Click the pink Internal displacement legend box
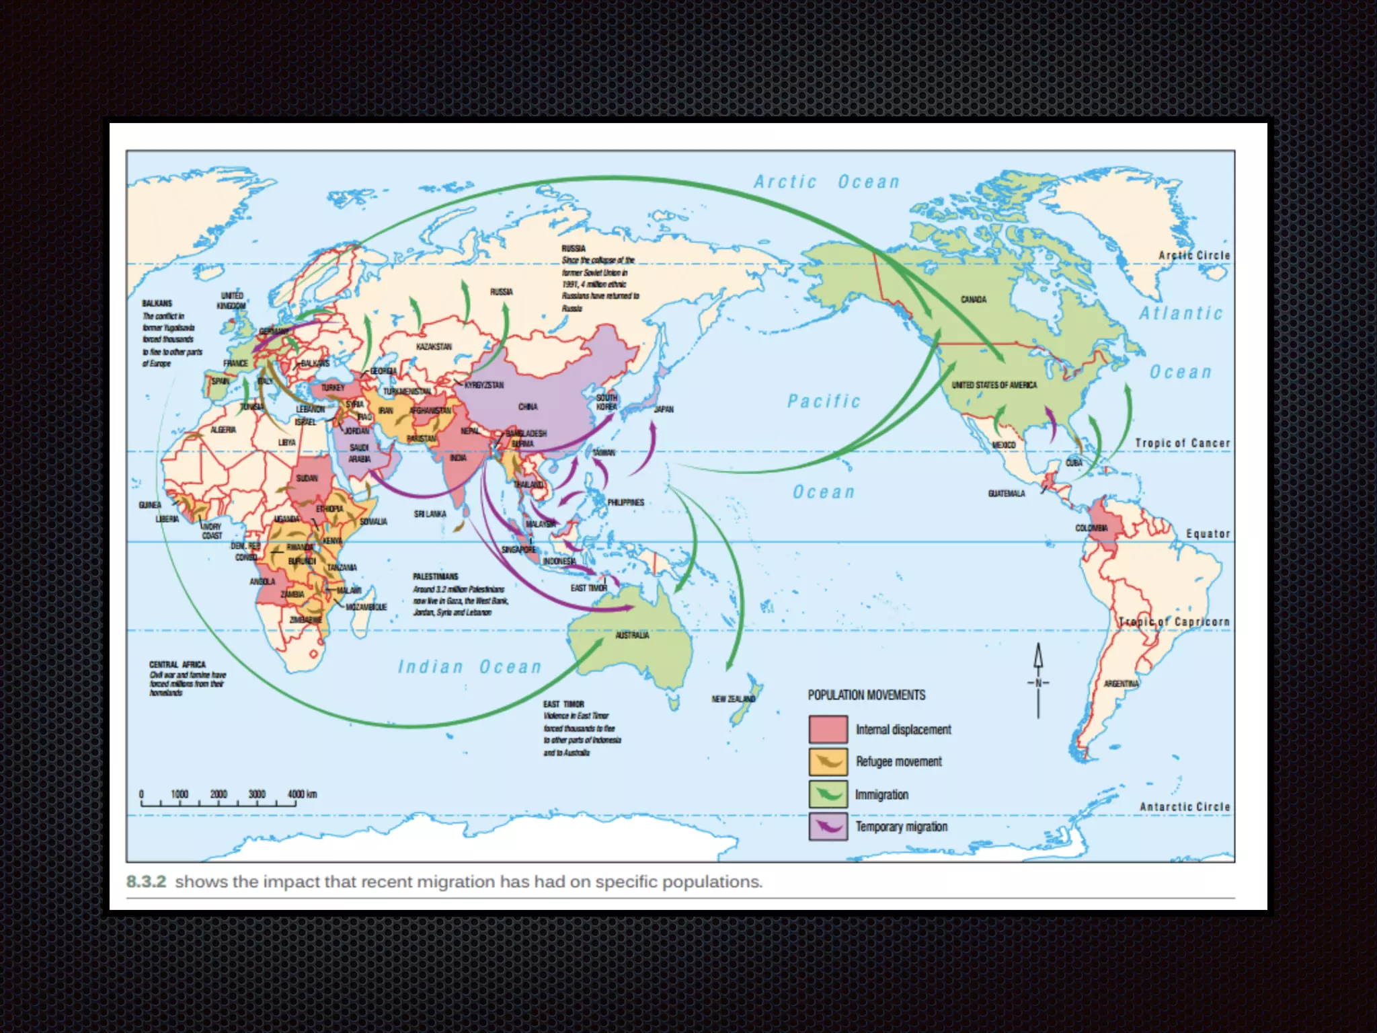pyautogui.click(x=828, y=730)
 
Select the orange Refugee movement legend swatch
pyautogui.click(x=828, y=762)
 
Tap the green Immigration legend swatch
pyautogui.click(x=828, y=794)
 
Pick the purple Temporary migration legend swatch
pyautogui.click(x=828, y=827)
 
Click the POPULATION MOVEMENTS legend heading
pyautogui.click(x=866, y=695)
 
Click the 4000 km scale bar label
pyautogui.click(x=302, y=794)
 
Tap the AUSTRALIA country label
pyautogui.click(x=632, y=636)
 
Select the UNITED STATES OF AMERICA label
pyautogui.click(x=994, y=385)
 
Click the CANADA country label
pyautogui.click(x=973, y=299)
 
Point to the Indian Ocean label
pyautogui.click(x=469, y=667)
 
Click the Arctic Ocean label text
pyautogui.click(x=826, y=182)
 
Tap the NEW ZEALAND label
pyautogui.click(x=733, y=699)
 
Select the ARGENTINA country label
pyautogui.click(x=1121, y=684)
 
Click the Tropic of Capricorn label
pyautogui.click(x=1174, y=622)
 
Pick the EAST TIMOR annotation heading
pyautogui.click(x=563, y=704)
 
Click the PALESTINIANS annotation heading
pyautogui.click(x=435, y=577)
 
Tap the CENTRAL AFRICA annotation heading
pyautogui.click(x=177, y=664)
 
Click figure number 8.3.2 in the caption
pyautogui.click(x=146, y=882)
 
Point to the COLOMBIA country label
pyautogui.click(x=1091, y=528)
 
